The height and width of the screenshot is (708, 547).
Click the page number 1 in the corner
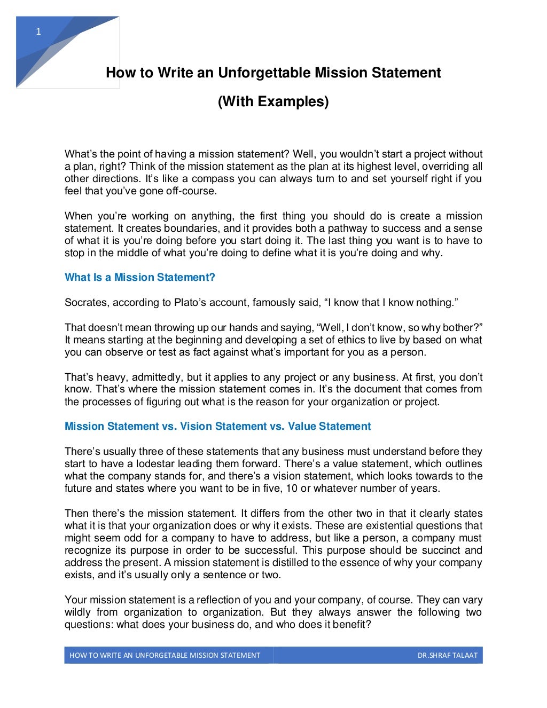coord(38,32)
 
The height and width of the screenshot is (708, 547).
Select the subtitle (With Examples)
coord(273,101)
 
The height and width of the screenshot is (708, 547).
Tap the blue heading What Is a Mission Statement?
coord(139,277)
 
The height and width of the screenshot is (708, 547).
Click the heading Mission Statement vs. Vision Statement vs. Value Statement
coord(217,426)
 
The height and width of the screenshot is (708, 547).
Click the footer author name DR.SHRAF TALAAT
coord(447,655)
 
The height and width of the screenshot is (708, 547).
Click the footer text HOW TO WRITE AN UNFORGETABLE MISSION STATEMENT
coord(165,655)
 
